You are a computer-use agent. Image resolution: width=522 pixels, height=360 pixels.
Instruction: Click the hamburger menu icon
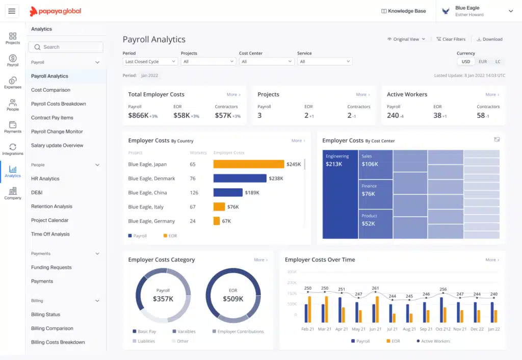coord(12,11)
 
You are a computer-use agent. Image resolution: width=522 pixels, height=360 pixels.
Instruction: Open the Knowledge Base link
coord(403,11)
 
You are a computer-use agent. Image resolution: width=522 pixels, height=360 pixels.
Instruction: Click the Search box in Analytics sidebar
coord(66,47)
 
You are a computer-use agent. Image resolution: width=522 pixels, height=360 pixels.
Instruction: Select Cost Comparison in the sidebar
coord(50,90)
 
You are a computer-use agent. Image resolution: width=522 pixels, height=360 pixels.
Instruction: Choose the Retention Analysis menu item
coord(51,207)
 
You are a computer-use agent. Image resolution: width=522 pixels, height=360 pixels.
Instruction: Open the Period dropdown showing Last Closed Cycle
coord(150,62)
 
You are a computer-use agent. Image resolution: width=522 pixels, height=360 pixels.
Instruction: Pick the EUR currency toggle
coord(482,62)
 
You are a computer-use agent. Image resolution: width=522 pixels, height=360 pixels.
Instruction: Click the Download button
coord(489,39)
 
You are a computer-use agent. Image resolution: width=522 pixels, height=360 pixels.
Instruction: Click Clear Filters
coord(451,39)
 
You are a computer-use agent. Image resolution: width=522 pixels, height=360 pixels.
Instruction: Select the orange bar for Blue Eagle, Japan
coord(248,164)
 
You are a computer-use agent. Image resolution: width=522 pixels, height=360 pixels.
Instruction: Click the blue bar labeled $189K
coord(228,193)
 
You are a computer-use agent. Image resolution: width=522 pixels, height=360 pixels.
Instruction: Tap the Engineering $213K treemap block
coord(340,194)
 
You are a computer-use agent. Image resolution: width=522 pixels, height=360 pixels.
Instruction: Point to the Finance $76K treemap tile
coord(375,194)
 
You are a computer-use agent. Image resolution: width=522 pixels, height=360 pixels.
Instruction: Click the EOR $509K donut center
coord(233,295)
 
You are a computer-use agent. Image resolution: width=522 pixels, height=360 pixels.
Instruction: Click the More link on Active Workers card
coord(492,94)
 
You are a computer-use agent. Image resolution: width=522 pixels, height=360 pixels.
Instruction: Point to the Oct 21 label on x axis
coord(443,329)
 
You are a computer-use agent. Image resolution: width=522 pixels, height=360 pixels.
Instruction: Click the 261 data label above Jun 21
coord(376,289)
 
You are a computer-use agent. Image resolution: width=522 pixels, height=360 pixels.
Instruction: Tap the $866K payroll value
coord(138,116)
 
